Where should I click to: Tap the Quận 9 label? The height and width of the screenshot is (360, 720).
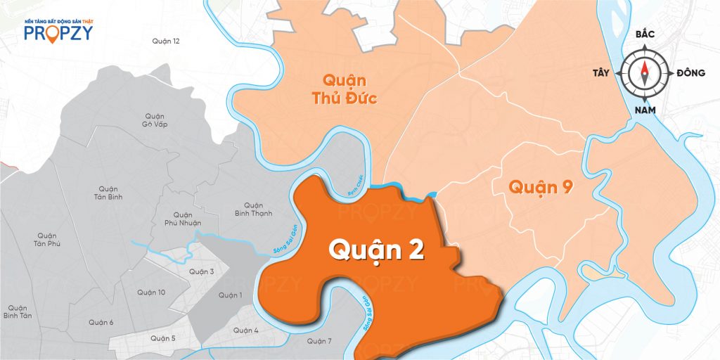541,188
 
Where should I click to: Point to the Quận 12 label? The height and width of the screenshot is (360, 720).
166,41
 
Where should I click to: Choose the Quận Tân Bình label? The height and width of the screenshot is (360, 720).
108,193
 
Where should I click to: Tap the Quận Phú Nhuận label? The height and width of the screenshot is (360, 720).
182,219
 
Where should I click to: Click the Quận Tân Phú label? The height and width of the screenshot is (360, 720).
46,239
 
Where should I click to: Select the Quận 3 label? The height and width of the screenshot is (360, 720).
201,271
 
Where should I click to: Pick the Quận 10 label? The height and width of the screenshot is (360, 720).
151,292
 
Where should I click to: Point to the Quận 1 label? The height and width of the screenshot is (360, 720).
230,295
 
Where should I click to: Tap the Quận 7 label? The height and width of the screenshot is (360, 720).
319,341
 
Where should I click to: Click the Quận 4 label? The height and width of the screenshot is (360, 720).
246,330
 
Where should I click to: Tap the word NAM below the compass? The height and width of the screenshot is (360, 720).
645,110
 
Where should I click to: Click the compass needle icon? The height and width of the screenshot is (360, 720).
645,73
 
